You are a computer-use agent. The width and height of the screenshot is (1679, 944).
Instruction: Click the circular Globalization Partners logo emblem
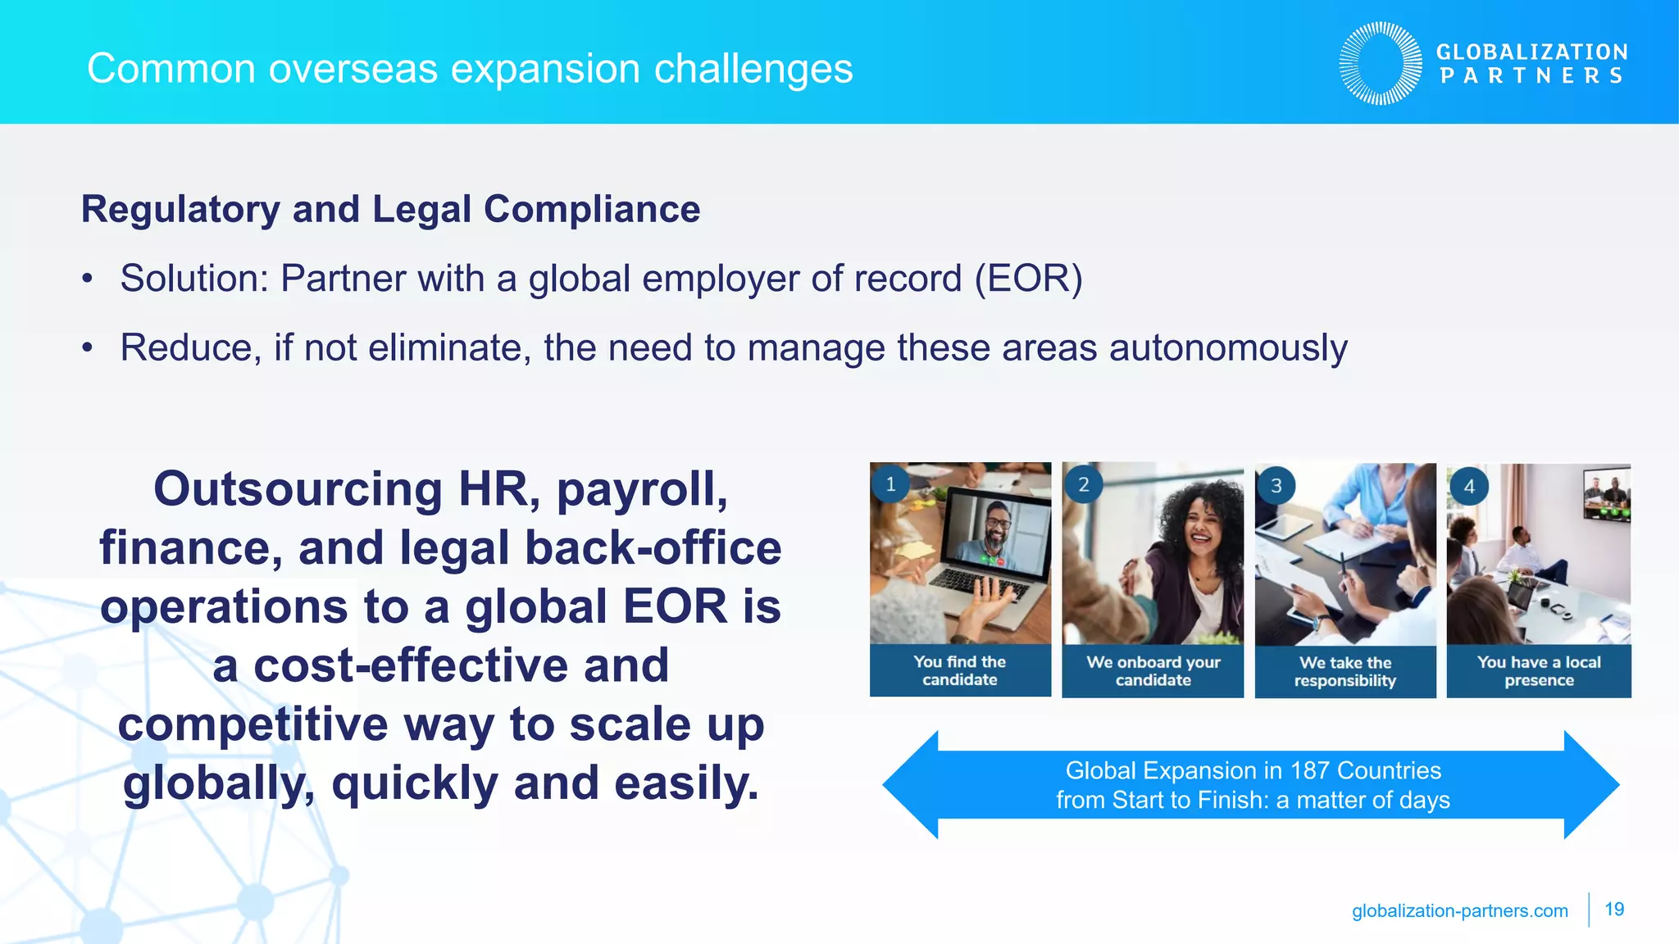[1381, 63]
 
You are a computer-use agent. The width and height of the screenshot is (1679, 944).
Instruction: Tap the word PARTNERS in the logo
[1531, 76]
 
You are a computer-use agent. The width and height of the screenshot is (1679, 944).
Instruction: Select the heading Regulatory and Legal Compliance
[390, 209]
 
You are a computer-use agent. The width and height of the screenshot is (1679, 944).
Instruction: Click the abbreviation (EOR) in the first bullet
[1028, 279]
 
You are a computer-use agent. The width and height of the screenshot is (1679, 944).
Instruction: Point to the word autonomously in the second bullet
[1227, 347]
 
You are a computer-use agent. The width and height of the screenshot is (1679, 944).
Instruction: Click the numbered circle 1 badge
[890, 483]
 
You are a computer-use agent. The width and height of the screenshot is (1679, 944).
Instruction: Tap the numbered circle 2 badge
[1083, 484]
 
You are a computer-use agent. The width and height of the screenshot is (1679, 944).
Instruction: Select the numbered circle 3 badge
[1276, 486]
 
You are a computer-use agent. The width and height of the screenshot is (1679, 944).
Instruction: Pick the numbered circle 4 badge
[1468, 487]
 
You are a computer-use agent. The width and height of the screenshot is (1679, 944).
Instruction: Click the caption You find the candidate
[959, 670]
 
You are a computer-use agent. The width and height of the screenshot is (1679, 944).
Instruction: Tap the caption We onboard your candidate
[1153, 671]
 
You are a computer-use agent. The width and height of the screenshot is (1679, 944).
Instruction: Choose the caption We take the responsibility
[1345, 671]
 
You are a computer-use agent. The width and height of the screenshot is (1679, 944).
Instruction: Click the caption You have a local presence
[1538, 671]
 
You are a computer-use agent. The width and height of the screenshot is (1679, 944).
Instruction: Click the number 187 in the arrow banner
[1310, 770]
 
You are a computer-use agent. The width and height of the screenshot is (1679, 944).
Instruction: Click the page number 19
[1613, 910]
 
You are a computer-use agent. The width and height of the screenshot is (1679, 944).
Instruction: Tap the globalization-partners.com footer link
[1459, 910]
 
